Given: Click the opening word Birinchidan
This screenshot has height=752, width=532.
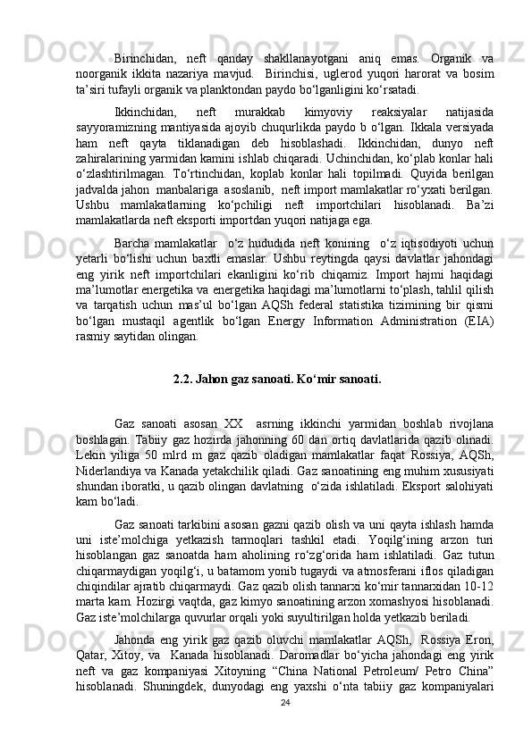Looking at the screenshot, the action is click(146, 56).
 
